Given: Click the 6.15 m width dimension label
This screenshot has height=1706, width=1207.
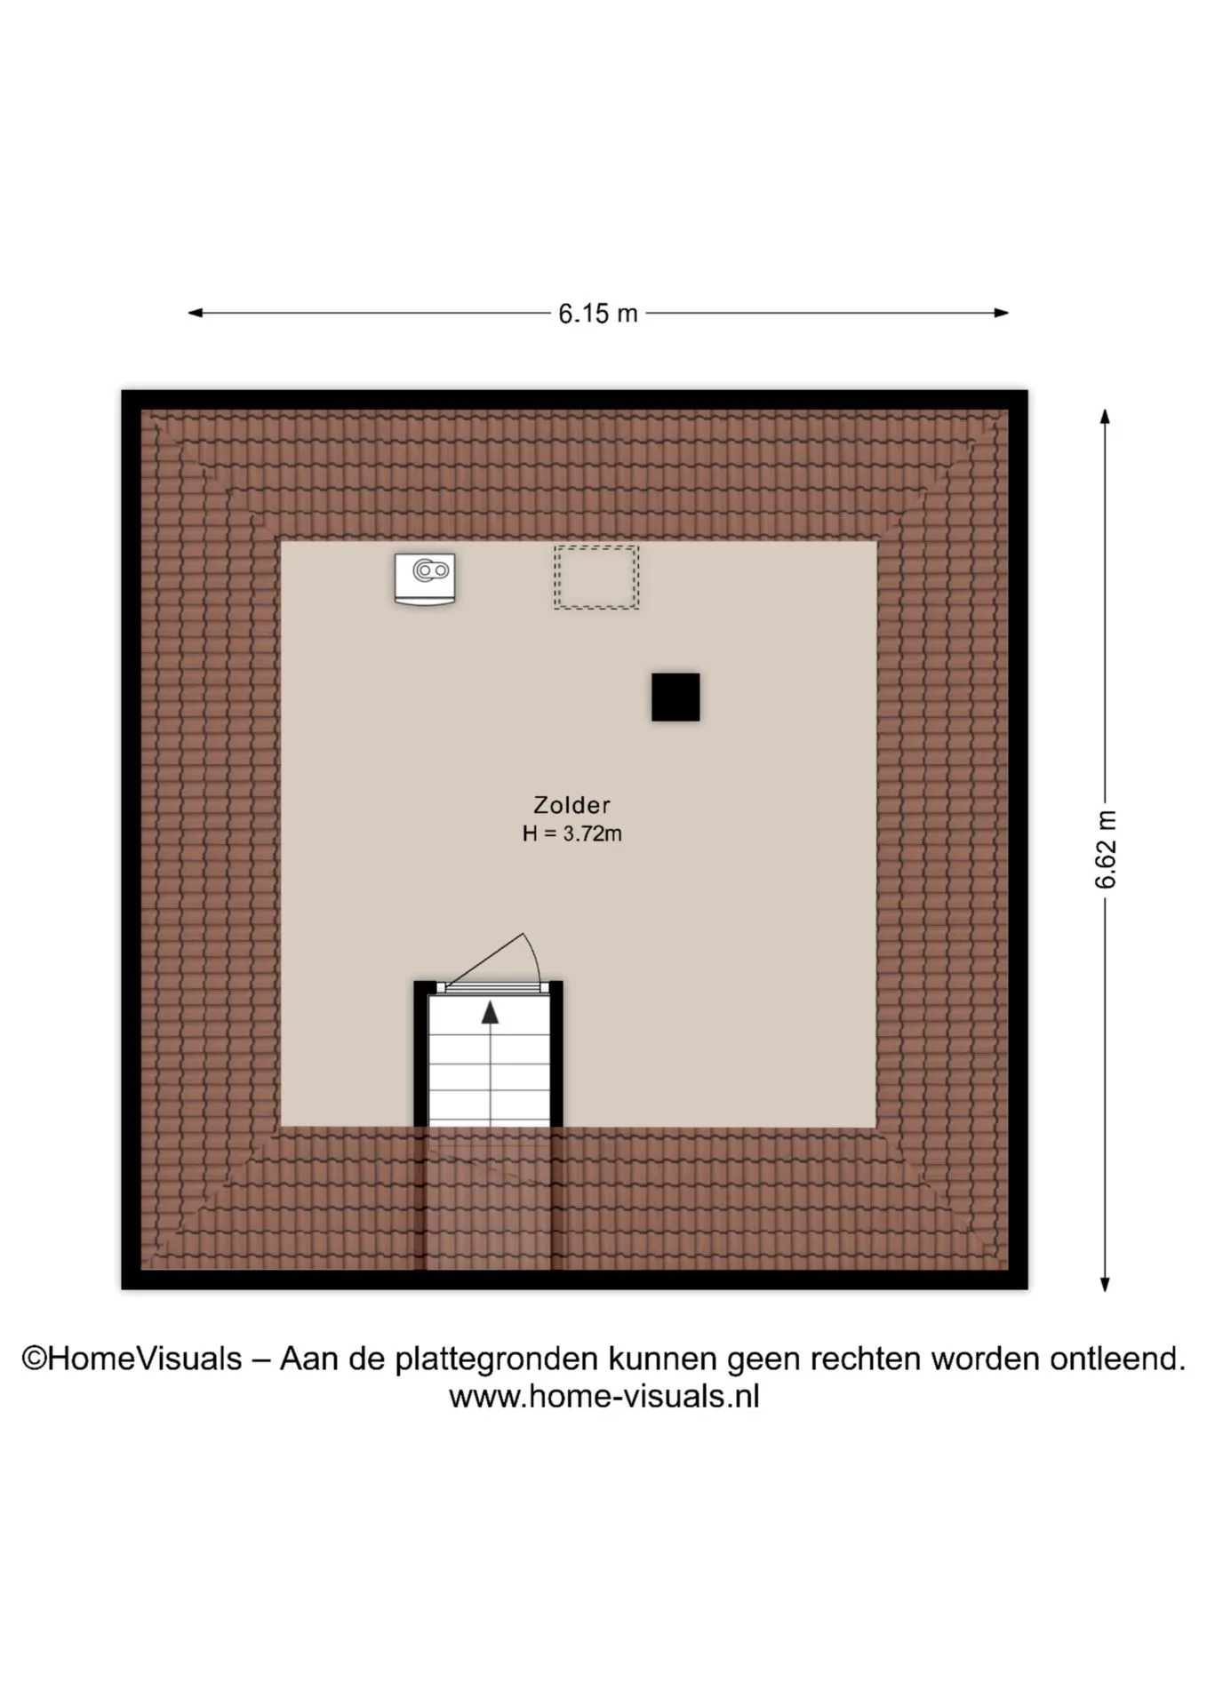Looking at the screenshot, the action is click(598, 314).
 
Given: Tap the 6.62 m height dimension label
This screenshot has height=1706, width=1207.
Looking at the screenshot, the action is click(1106, 849).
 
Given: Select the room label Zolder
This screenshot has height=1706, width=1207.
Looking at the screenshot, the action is click(572, 805).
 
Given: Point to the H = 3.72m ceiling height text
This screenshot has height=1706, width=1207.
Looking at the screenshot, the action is click(572, 833).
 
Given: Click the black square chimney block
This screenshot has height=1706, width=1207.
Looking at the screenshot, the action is click(675, 697).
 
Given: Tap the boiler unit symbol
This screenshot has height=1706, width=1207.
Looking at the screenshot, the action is click(425, 578).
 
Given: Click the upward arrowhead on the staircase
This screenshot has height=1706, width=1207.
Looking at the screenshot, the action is click(490, 1012).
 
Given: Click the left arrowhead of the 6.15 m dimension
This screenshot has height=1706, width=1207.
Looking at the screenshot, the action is click(196, 313).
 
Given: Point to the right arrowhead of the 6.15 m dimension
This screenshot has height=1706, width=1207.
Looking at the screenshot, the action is click(1001, 313).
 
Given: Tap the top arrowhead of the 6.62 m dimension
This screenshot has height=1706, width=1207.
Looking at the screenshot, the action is click(1105, 417).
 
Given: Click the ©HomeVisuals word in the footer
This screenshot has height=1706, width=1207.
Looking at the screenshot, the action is click(132, 1359).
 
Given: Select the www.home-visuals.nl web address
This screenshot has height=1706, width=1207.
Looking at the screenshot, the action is click(604, 1397).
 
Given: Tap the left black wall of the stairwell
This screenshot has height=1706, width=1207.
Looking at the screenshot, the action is click(420, 1053).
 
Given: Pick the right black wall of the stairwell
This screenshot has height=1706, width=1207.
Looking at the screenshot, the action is click(556, 1053).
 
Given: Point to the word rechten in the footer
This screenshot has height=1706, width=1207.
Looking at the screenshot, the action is click(861, 1359).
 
